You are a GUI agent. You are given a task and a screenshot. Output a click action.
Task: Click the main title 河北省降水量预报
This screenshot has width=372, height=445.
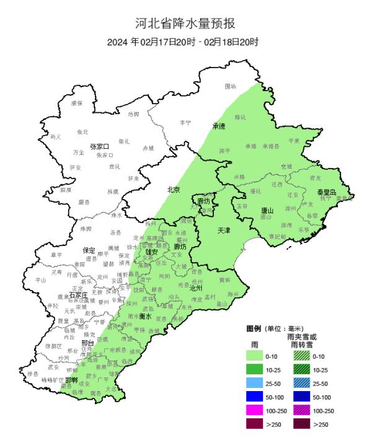[186, 24]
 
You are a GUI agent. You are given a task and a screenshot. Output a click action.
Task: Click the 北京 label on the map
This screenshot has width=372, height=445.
[172, 190]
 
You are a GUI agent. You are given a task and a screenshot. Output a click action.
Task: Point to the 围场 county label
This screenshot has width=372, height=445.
[230, 86]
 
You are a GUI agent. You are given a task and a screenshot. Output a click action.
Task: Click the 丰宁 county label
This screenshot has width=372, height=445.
[185, 123]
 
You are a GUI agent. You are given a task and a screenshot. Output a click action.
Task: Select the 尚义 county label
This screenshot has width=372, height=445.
[56, 136]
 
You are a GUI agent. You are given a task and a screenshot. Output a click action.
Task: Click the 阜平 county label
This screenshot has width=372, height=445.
[56, 255]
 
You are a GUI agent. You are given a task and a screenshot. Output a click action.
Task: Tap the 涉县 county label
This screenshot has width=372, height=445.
[33, 374]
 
